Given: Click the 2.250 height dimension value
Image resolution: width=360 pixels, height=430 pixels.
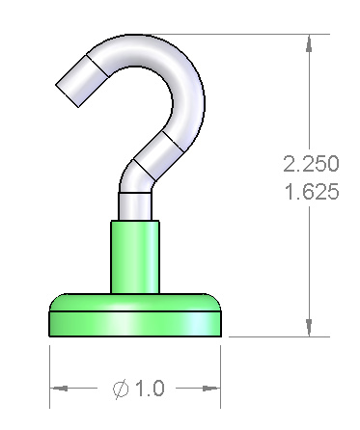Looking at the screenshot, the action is point(311,164).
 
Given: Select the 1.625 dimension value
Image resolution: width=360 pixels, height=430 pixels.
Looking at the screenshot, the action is point(312,192).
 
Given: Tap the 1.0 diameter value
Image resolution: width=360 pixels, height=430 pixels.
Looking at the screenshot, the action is point(150,388).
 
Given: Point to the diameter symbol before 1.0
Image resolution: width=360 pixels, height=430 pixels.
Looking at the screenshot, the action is point(121,389).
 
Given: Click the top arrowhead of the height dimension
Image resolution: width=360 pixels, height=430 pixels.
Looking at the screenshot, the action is point(309,43).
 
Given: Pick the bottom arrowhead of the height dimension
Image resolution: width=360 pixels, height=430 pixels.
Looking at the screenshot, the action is point(309,328).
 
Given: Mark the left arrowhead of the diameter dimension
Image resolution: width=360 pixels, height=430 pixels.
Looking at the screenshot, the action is point(59,389).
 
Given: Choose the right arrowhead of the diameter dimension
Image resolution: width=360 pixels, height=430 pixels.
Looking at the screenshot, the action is point(211,389).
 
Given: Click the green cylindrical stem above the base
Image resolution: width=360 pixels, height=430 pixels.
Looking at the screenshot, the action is point(135,256).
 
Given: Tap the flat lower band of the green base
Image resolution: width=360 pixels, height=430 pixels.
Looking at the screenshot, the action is point(135,324).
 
